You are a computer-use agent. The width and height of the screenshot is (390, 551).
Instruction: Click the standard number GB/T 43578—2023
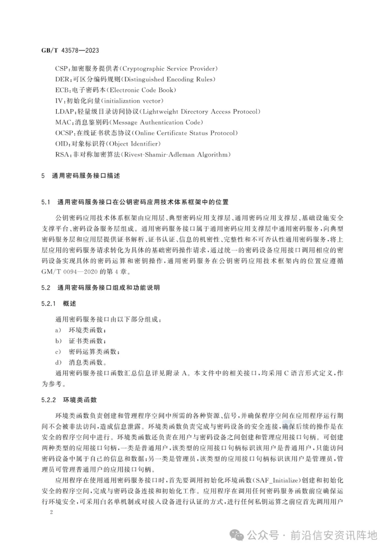(x=70, y=50)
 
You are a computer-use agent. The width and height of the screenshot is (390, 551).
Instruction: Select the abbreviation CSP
(x=61, y=69)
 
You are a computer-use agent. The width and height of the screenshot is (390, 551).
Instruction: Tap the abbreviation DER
(x=62, y=79)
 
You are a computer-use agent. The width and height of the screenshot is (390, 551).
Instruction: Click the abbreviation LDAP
(x=65, y=112)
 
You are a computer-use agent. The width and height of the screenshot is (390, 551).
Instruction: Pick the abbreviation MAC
(x=63, y=122)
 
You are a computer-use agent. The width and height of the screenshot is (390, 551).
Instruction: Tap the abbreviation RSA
(x=62, y=155)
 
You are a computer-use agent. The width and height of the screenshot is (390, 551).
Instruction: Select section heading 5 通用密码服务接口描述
(x=81, y=176)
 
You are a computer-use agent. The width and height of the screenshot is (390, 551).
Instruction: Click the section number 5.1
(x=45, y=202)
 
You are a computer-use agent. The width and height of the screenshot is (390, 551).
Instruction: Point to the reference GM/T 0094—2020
(x=70, y=271)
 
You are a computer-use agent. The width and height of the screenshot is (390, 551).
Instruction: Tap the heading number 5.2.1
(x=49, y=304)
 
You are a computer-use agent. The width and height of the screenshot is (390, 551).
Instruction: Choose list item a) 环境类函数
(x=81, y=330)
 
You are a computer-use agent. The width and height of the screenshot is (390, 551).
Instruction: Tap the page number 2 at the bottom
(x=51, y=512)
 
